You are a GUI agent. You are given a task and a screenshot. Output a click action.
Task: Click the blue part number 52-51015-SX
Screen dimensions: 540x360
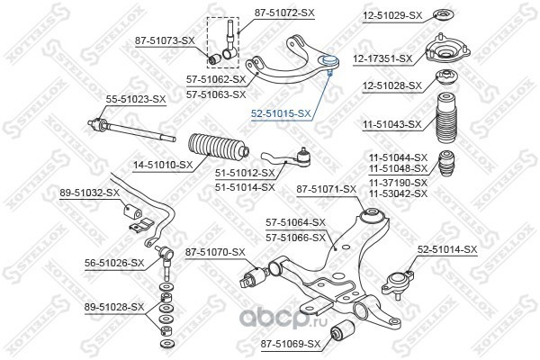[281, 113]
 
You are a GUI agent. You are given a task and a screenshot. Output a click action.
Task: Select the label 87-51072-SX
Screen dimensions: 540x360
[284, 13]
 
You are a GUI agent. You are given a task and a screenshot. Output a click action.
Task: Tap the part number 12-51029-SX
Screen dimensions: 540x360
[391, 15]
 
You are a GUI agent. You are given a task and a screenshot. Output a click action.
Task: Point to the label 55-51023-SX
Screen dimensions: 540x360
[136, 100]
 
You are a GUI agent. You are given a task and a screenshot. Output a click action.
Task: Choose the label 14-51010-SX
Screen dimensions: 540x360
[163, 166]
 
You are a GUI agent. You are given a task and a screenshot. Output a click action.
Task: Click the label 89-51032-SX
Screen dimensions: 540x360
[89, 193]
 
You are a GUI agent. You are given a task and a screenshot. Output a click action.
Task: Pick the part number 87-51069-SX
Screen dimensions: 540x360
[291, 344]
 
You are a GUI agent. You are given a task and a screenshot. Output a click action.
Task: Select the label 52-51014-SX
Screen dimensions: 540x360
[447, 249]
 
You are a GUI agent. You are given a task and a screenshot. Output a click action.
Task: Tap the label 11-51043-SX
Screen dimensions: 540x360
[391, 124]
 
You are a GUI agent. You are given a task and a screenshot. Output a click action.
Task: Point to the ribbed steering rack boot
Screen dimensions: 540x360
[219, 148]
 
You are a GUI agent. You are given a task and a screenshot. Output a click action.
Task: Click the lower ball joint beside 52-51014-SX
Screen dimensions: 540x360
[398, 283]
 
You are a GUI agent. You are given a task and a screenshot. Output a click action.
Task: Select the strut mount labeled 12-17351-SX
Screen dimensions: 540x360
[447, 49]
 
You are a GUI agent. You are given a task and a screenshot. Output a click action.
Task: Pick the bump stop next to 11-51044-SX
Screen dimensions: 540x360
[446, 163]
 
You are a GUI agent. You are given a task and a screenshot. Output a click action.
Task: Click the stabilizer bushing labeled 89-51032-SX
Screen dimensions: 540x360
[132, 211]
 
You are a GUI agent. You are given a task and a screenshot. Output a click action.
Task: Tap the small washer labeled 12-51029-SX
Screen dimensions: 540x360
[443, 14]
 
